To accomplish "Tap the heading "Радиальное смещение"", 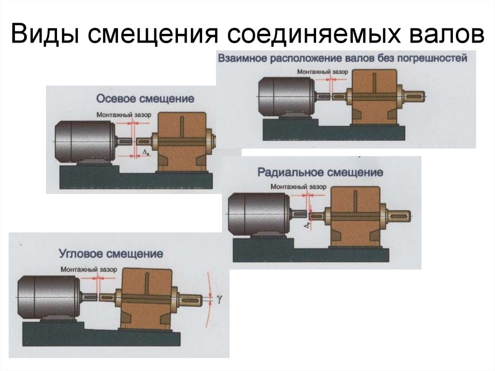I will pos(320,172).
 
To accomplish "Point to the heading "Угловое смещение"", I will pos(111,253).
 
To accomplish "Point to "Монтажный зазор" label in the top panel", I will pos(316,71).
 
